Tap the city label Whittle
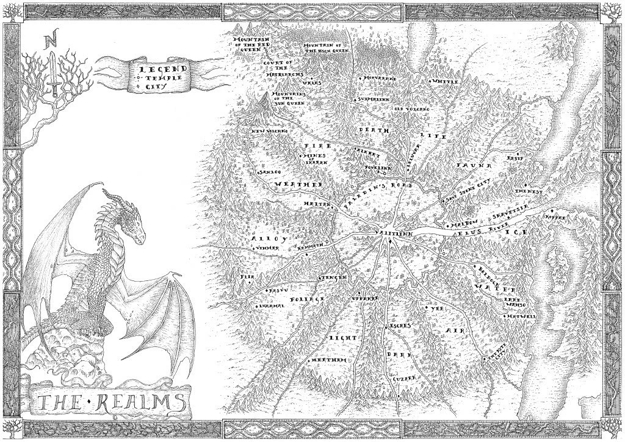(444, 82)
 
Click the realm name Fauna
(469, 165)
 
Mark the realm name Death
(369, 129)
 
